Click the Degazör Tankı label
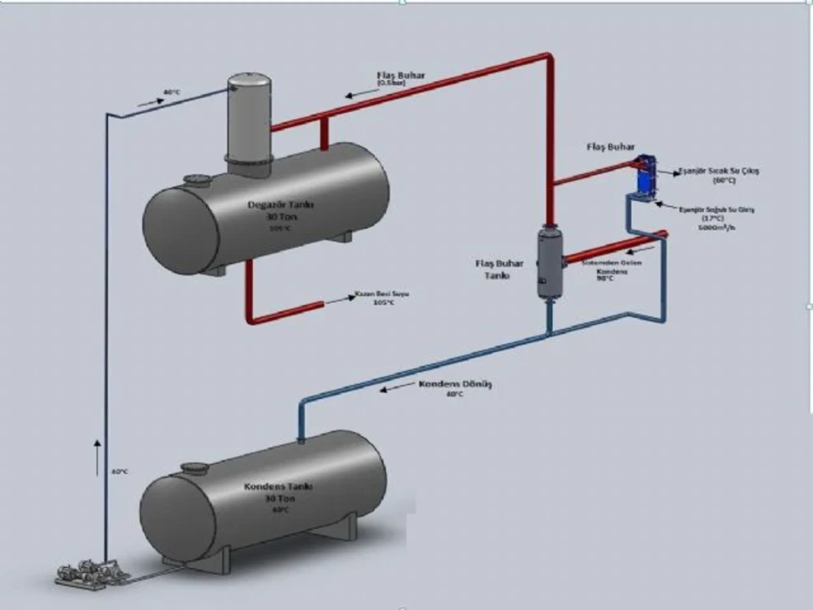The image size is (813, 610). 280,205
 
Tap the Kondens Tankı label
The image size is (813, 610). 278,487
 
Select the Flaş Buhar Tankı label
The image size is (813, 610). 499,269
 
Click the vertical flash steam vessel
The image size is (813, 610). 550,264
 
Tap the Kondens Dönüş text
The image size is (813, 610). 455,384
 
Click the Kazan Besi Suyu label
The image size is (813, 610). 382,294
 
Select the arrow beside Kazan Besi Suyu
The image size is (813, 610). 340,300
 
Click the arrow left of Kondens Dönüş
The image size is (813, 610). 396,386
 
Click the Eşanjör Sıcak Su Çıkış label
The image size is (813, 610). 719,171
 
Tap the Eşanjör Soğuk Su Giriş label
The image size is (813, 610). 717,210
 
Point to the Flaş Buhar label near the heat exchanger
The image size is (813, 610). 611,147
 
